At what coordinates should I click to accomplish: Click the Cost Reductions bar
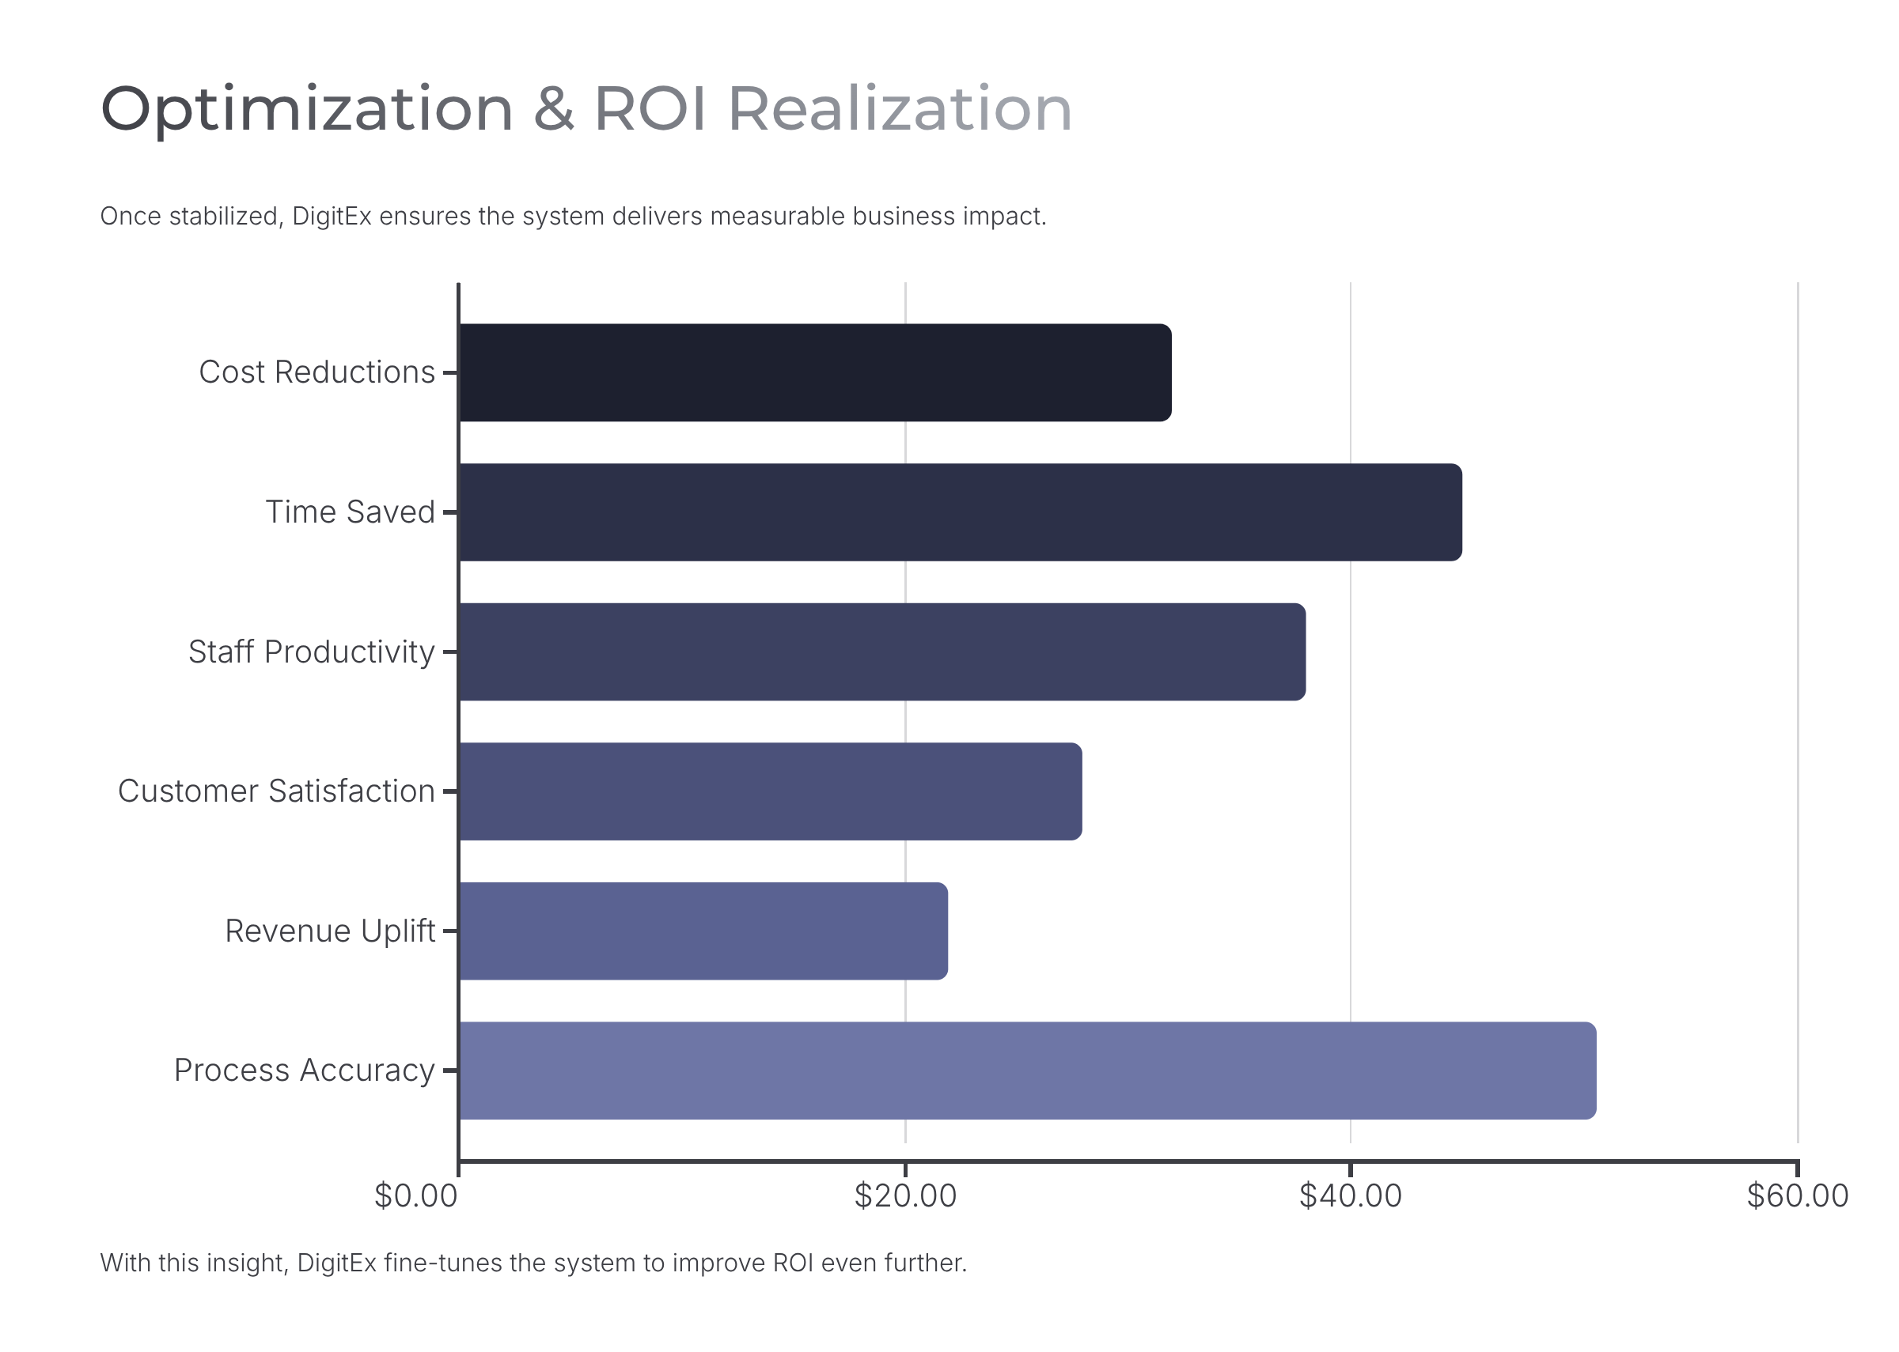pyautogui.click(x=814, y=372)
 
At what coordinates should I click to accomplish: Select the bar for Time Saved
pyautogui.click(x=960, y=512)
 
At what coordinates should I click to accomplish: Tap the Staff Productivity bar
pyautogui.click(x=881, y=651)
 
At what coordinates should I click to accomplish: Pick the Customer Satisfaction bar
pyautogui.click(x=770, y=791)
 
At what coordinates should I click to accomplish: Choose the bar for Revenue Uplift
pyautogui.click(x=703, y=931)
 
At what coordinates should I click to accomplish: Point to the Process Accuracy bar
pyautogui.click(x=1027, y=1071)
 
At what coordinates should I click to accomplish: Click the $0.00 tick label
pyautogui.click(x=415, y=1196)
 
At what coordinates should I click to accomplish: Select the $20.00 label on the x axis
pyautogui.click(x=904, y=1196)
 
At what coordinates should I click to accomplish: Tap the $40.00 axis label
pyautogui.click(x=1350, y=1196)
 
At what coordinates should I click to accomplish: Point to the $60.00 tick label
pyautogui.click(x=1797, y=1196)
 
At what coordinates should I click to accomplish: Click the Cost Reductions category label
pyautogui.click(x=316, y=372)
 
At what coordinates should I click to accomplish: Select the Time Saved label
pyautogui.click(x=350, y=512)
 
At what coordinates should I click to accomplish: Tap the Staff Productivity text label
pyautogui.click(x=311, y=651)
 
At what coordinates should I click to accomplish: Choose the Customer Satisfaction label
pyautogui.click(x=275, y=791)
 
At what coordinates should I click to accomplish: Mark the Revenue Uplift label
pyautogui.click(x=330, y=931)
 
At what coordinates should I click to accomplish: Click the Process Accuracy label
pyautogui.click(x=304, y=1071)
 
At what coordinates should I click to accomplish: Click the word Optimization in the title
pyautogui.click(x=306, y=109)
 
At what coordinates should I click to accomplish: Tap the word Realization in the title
pyautogui.click(x=900, y=109)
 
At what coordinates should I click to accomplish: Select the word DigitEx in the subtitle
pyautogui.click(x=332, y=217)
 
